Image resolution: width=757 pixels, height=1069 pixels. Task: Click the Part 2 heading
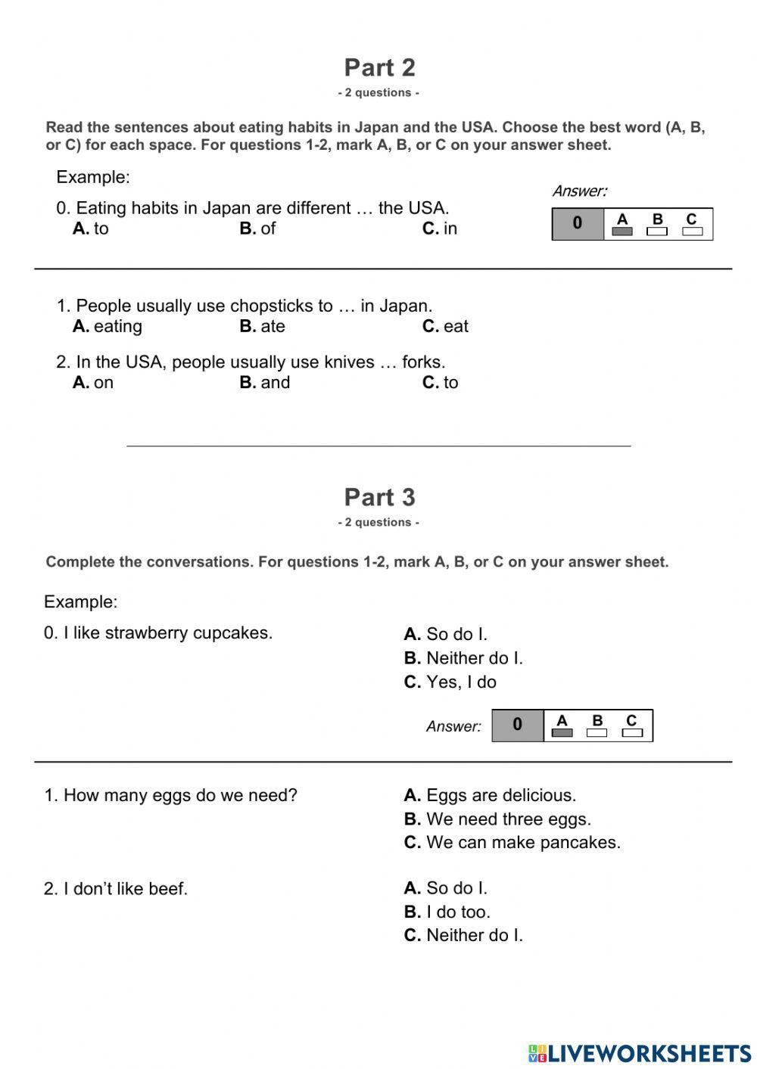379,68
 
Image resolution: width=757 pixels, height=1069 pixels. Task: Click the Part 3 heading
379,498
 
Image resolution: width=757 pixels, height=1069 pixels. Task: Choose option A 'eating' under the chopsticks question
107,327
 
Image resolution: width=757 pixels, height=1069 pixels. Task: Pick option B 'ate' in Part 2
263,327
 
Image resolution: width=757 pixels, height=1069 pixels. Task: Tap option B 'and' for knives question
265,383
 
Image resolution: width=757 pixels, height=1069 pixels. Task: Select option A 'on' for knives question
93,383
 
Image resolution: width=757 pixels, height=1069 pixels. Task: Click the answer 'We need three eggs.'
497,819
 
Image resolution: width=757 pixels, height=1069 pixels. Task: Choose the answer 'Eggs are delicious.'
490,796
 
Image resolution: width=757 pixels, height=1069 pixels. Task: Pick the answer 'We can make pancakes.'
512,843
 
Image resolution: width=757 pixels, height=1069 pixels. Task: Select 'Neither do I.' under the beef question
463,936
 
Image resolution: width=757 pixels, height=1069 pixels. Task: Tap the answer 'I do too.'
447,912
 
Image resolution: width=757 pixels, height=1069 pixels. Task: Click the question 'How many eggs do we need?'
171,796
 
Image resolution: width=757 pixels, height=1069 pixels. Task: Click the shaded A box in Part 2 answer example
622,232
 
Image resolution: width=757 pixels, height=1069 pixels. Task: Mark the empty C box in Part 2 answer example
692,232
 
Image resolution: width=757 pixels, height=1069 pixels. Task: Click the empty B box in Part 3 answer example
597,732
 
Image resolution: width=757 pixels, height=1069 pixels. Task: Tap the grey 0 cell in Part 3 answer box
517,726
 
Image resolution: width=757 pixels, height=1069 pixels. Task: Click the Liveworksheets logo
640,1053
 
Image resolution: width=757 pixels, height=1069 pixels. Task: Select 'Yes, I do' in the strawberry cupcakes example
450,682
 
